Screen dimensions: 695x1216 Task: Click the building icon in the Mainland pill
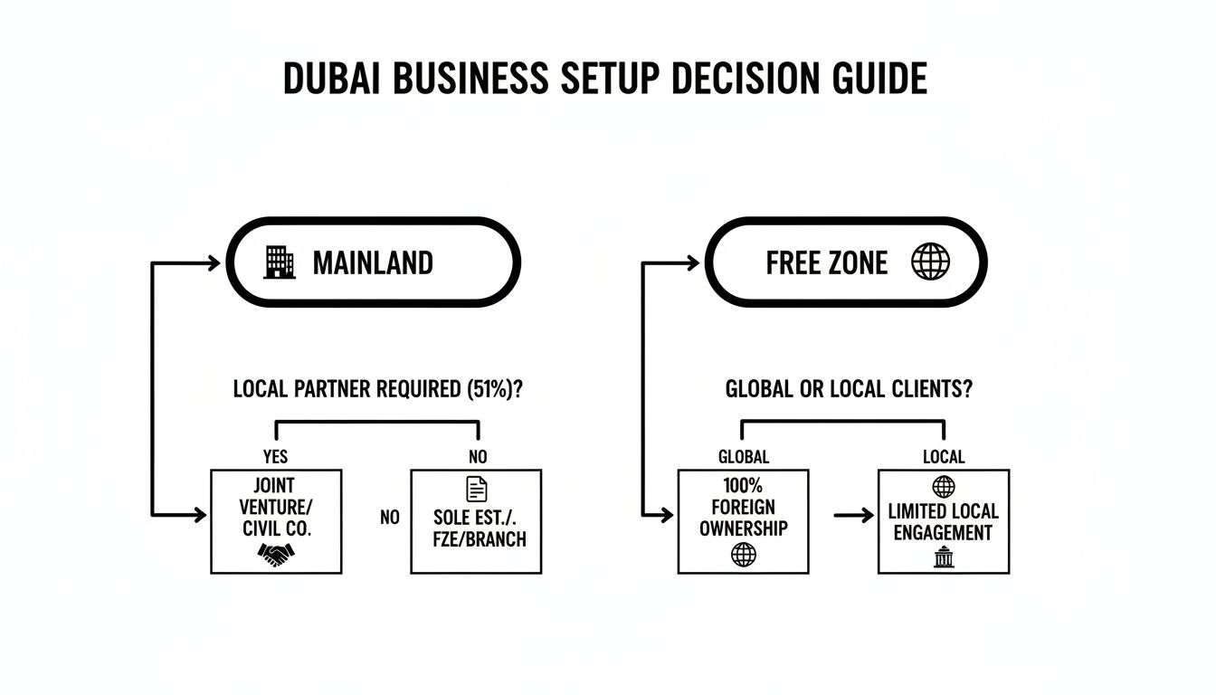[280, 262]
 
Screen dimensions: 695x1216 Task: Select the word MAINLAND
[373, 263]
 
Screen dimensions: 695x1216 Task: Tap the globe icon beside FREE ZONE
[930, 262]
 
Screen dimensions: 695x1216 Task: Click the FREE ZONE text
[826, 263]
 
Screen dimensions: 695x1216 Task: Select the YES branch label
[275, 457]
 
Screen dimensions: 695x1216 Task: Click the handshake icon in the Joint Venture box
[275, 554]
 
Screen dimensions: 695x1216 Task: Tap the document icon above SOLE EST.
[476, 490]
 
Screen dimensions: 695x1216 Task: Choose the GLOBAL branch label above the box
[743, 457]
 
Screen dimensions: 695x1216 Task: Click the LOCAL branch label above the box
[944, 457]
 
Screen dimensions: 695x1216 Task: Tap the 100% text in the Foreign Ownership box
[743, 486]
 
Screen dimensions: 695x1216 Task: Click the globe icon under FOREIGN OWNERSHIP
[743, 555]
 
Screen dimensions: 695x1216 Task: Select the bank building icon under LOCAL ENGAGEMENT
[944, 558]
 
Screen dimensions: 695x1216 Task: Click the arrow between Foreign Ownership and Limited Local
[850, 516]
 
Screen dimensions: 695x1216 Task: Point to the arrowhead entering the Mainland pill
[213, 263]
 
